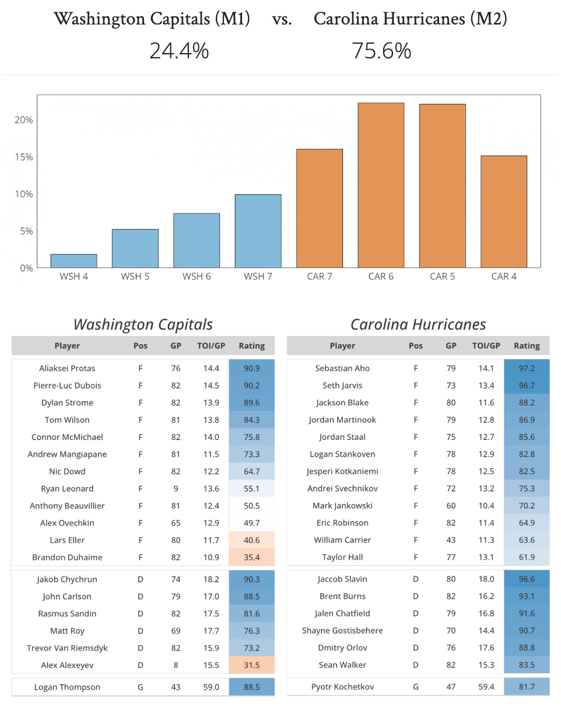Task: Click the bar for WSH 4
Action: [73, 261]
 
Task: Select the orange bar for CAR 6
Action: [381, 185]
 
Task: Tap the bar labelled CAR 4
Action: [504, 212]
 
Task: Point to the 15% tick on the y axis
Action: [24, 157]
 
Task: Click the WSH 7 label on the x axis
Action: [258, 276]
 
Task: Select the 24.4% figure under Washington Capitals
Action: [179, 51]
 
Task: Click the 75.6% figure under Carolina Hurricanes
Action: [381, 51]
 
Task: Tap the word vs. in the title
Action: [282, 19]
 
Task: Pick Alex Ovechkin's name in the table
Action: [67, 523]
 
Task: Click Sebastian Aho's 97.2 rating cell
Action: [527, 368]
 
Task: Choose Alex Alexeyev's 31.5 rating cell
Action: [251, 664]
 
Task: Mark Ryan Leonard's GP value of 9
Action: [176, 488]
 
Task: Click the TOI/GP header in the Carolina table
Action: [486, 345]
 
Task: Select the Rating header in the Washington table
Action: [251, 345]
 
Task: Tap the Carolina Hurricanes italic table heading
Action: [418, 324]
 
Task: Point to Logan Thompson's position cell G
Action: [141, 687]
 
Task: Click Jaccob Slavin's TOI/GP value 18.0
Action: [486, 579]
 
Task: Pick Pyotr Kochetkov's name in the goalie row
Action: [342, 687]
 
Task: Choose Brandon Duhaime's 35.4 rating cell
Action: [251, 557]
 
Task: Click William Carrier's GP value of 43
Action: [451, 540]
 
